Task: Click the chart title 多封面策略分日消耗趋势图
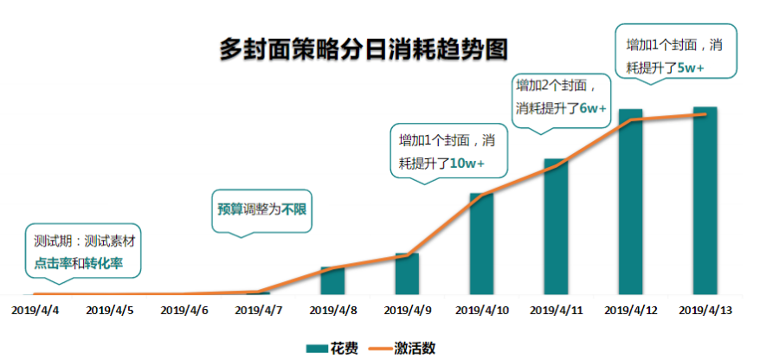click(362, 48)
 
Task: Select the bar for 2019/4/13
click(705, 201)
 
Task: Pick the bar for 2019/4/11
click(556, 227)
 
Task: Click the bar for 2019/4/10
click(481, 244)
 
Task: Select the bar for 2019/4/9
click(407, 273)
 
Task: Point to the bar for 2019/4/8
click(332, 280)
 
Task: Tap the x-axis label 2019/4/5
click(110, 309)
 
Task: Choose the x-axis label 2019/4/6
click(184, 309)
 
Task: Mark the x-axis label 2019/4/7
click(259, 309)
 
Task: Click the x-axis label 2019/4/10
click(481, 309)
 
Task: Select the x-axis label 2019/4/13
click(705, 309)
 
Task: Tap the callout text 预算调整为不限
click(262, 209)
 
